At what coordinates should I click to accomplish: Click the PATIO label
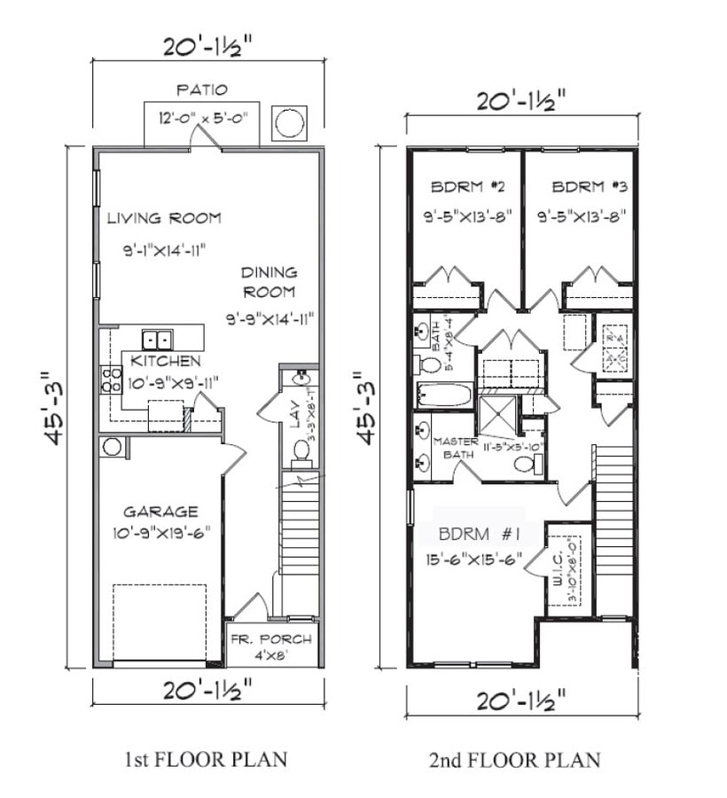(201, 90)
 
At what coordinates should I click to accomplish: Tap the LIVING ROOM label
(164, 218)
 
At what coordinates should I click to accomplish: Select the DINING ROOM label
(270, 282)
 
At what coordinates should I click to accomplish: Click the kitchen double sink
(158, 339)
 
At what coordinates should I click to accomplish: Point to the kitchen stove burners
(111, 379)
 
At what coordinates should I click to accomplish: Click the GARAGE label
(160, 512)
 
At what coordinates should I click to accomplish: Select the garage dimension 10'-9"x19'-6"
(160, 532)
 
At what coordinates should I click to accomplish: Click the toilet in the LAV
(301, 450)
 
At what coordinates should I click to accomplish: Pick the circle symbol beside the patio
(290, 122)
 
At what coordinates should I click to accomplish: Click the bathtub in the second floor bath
(444, 395)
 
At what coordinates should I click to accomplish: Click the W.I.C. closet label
(557, 567)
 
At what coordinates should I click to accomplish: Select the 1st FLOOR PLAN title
(205, 760)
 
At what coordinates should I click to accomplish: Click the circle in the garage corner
(112, 446)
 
